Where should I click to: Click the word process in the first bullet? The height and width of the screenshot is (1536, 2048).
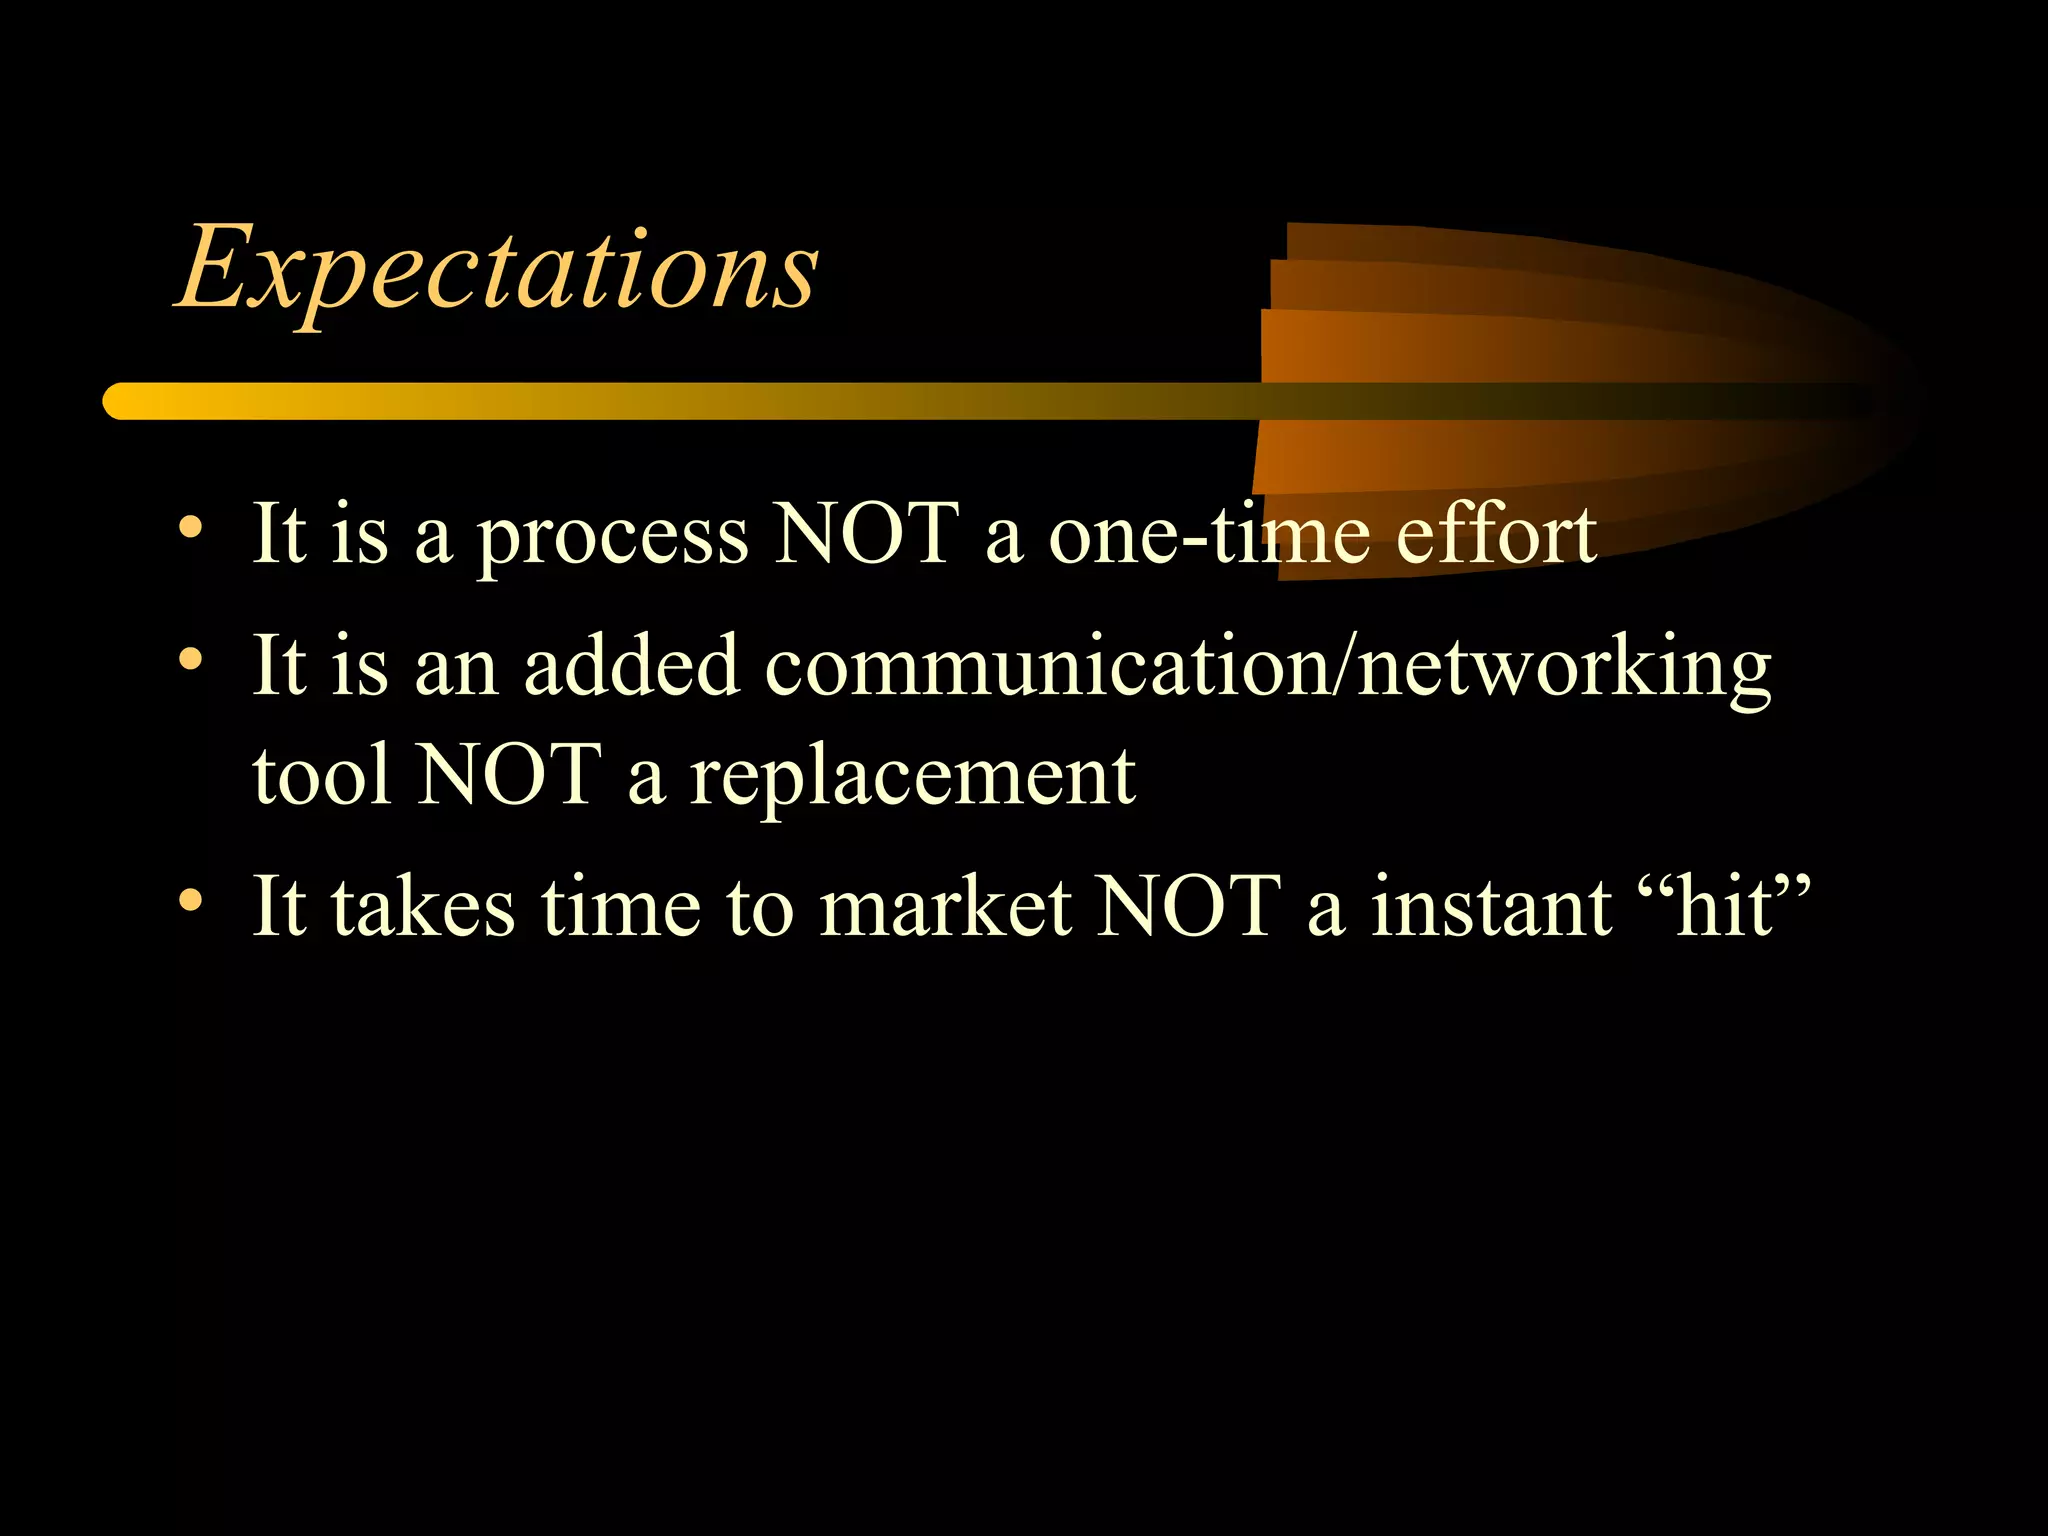tap(612, 536)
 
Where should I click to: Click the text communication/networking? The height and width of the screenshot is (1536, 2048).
tap(1268, 668)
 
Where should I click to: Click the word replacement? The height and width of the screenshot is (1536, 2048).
tap(912, 778)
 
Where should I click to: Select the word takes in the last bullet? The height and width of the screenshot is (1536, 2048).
tap(424, 906)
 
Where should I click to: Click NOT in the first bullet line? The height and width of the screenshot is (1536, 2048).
tap(867, 534)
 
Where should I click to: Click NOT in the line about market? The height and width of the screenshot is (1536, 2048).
tap(1188, 906)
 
